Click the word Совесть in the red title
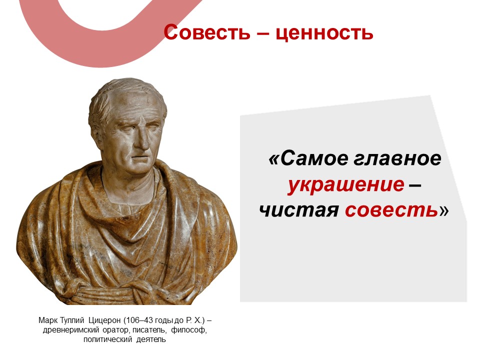click(207, 32)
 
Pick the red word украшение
click(346, 185)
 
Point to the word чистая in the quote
click(299, 210)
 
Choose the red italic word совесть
click(391, 210)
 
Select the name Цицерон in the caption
click(104, 320)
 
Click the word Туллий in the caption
click(72, 320)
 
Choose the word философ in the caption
click(189, 330)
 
